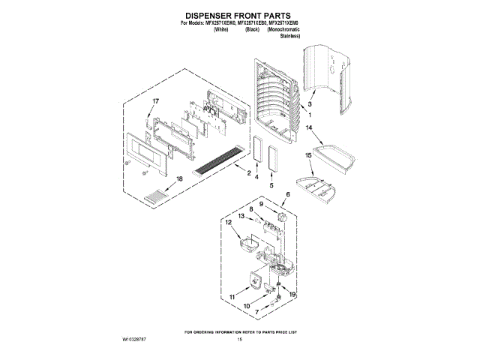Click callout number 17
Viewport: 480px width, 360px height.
coord(156,100)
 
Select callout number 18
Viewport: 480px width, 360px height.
coord(178,178)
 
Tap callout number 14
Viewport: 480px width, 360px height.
coord(308,128)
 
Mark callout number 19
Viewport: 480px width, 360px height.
coord(293,295)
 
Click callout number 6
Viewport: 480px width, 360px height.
coord(286,194)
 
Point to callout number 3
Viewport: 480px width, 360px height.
coord(310,104)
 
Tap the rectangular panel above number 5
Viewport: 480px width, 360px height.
coord(271,161)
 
